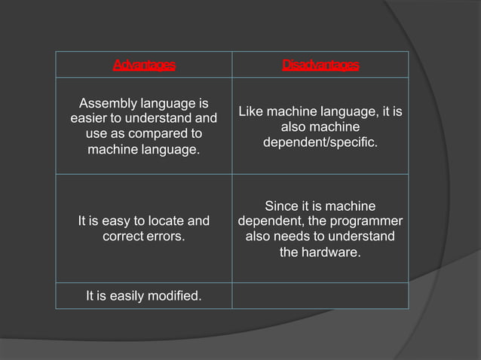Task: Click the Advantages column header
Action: [143, 65]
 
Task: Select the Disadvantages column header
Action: [320, 65]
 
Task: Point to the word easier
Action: [90, 118]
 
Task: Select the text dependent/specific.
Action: [320, 142]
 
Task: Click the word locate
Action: [164, 221]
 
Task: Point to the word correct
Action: [123, 236]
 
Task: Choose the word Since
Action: [281, 206]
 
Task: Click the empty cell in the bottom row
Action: [320, 295]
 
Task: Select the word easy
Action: [112, 221]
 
